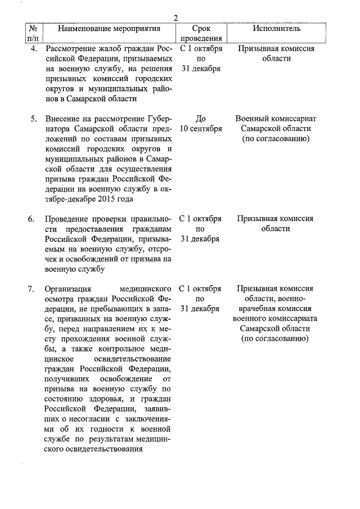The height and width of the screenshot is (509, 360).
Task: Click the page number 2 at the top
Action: pos(176,18)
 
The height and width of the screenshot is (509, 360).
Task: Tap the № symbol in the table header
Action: pos(32,28)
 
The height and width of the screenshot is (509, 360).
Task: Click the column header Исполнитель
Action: pos(276,28)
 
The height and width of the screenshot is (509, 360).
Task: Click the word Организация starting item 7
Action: pos(70,289)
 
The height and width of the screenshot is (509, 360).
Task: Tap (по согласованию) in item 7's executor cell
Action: pos(276,339)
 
